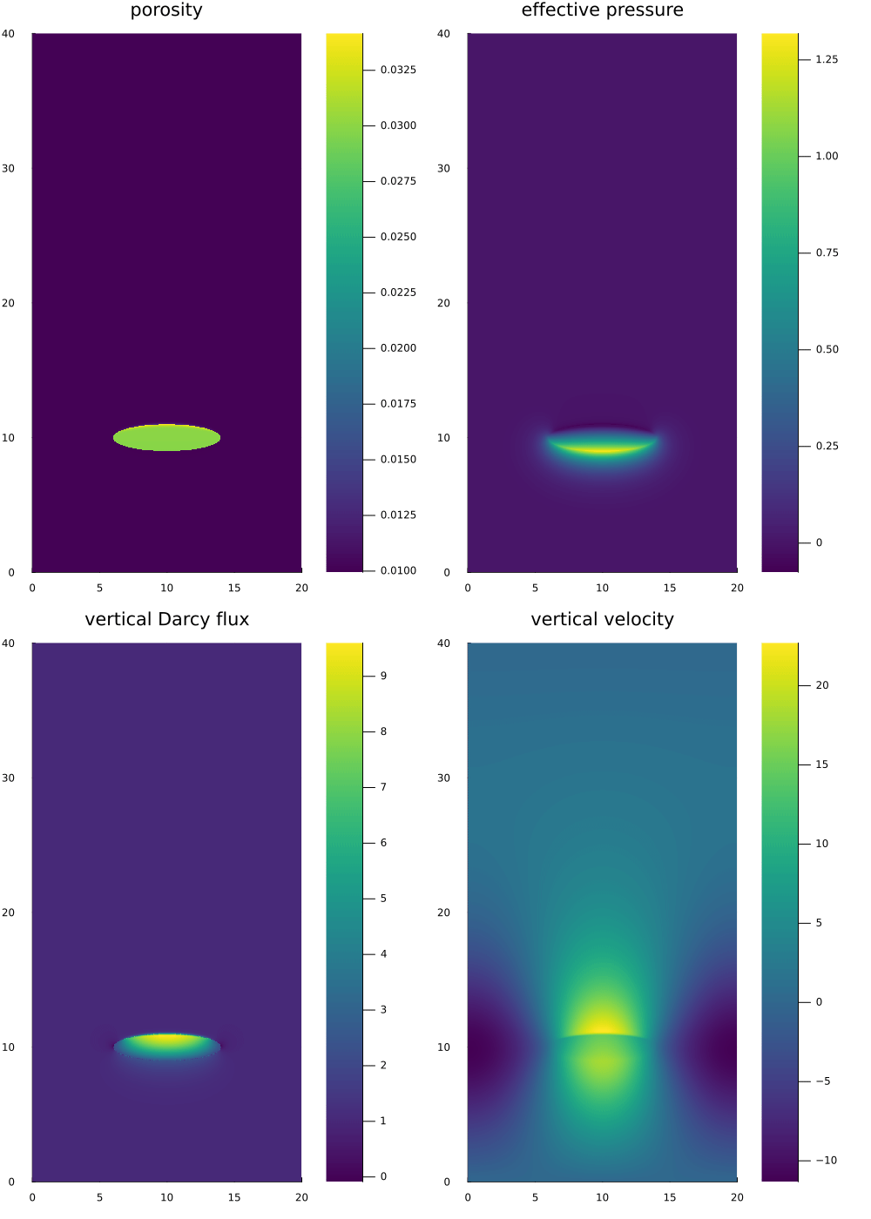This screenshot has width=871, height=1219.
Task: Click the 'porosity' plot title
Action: (x=166, y=10)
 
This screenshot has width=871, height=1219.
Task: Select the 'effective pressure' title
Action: (x=602, y=10)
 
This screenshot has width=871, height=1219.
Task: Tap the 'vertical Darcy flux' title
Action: (x=166, y=619)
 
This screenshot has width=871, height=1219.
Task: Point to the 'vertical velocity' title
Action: (x=602, y=619)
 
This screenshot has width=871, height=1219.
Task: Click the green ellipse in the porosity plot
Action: (x=166, y=437)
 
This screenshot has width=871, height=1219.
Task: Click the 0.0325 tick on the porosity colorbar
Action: (x=398, y=70)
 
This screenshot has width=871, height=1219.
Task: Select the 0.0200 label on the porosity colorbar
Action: (x=398, y=348)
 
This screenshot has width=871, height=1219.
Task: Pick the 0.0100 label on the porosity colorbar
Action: (x=398, y=570)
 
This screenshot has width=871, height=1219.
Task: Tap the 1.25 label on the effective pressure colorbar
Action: (x=827, y=59)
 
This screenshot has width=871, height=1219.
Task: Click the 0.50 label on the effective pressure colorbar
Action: (x=827, y=349)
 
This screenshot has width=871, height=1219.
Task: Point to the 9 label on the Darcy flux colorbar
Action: (x=383, y=676)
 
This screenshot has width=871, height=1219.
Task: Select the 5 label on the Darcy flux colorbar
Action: (x=383, y=899)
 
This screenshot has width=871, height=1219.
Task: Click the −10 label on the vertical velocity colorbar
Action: (x=826, y=1160)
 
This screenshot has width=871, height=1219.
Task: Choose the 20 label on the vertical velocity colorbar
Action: (x=822, y=685)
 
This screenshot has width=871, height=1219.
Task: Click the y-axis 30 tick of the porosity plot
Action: (x=9, y=168)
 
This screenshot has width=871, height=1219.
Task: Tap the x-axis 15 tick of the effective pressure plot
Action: (x=670, y=588)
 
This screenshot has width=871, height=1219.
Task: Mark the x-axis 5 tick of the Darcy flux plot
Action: (x=99, y=1197)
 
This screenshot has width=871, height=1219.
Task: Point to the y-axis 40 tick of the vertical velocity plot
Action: (x=444, y=643)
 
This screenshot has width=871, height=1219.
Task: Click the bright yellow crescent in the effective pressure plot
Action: (x=602, y=449)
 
